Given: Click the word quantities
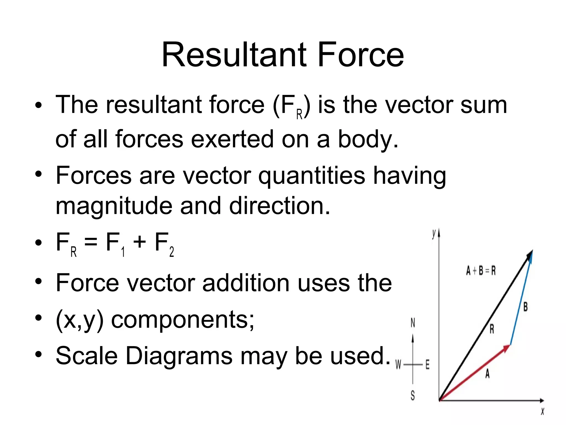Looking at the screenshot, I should tap(311, 176).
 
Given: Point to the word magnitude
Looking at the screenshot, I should tap(114, 206).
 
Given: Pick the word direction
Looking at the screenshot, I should tap(280, 206).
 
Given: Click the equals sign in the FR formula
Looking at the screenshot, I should tap(91, 242).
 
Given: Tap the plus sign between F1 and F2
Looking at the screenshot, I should tap(139, 242).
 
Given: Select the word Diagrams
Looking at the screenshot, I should tap(179, 356).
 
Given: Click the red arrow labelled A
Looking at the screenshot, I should tap(475, 372).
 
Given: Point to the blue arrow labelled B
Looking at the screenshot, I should tap(521, 299).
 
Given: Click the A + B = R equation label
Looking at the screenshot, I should tap(481, 271).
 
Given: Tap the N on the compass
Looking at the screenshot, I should tap(413, 323).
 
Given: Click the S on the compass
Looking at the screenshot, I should tap(413, 395).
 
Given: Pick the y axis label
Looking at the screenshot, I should tap(434, 234).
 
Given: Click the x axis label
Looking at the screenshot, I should tap(542, 411).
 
